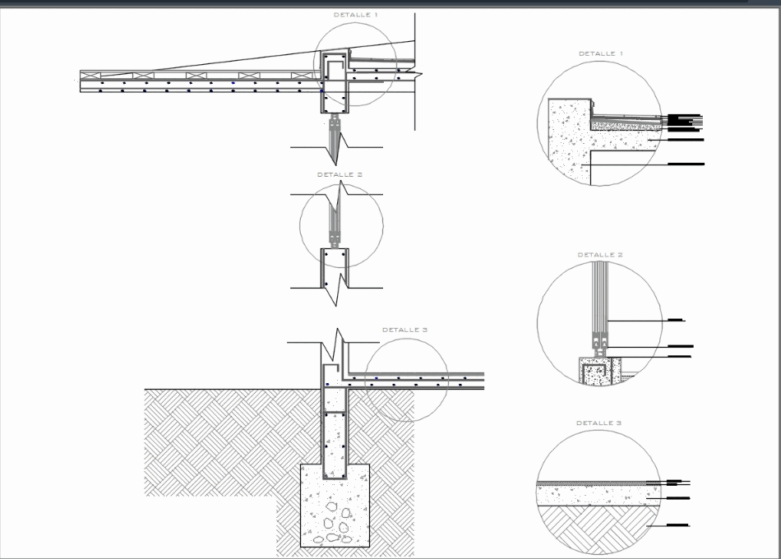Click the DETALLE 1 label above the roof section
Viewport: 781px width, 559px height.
coord(355,15)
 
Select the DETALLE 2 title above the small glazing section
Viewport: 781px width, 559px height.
coord(340,174)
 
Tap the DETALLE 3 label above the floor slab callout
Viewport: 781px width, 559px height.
coord(404,330)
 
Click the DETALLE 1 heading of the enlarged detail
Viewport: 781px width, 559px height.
coord(600,53)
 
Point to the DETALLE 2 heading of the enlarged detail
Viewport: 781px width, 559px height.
coord(599,255)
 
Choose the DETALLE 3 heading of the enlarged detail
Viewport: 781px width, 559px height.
coord(598,423)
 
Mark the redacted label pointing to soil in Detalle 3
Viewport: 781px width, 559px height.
coord(678,524)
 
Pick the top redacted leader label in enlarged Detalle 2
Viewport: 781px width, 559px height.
coord(676,319)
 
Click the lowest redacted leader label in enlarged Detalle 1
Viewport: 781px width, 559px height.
coord(686,164)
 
